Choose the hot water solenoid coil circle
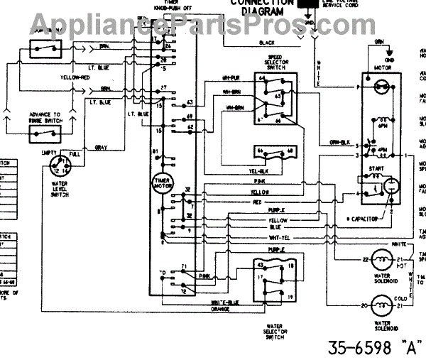(383, 260)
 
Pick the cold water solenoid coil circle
(383, 306)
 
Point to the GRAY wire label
(101, 146)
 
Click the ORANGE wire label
(222, 308)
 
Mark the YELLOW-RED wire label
(75, 77)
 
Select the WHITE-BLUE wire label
(225, 302)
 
